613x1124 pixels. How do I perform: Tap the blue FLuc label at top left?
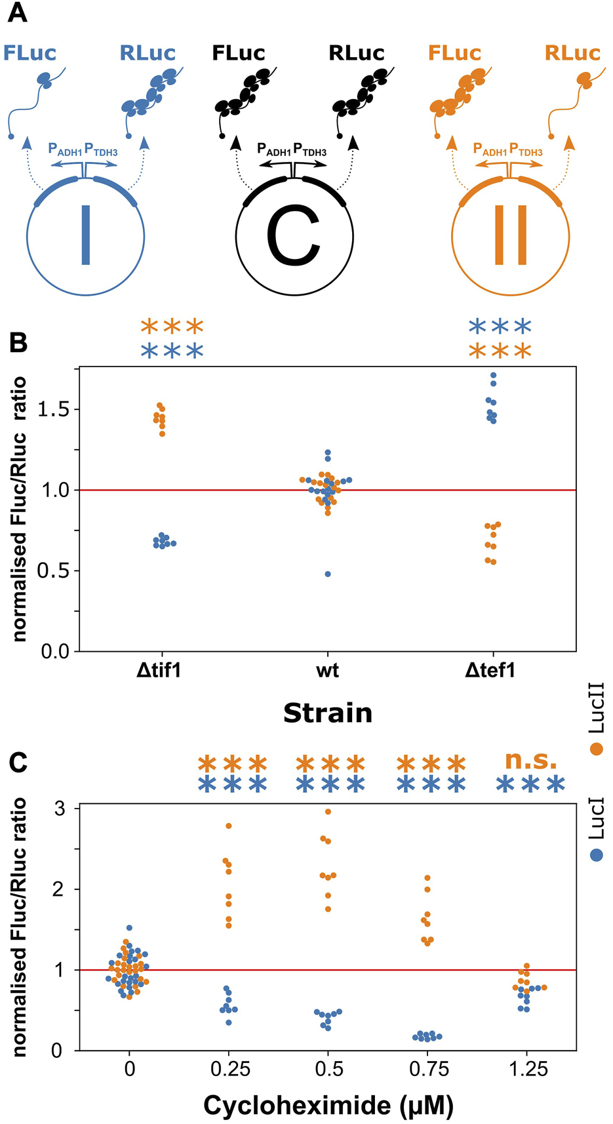[x=30, y=53]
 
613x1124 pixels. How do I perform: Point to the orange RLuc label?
[x=572, y=53]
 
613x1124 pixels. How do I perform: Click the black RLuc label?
[x=356, y=53]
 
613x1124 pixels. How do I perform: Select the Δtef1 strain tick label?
[x=490, y=671]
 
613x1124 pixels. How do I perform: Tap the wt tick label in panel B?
[x=327, y=671]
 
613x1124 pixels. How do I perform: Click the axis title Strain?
[x=327, y=713]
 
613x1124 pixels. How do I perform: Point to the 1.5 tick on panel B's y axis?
[x=53, y=410]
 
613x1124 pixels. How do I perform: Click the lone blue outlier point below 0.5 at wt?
[x=328, y=574]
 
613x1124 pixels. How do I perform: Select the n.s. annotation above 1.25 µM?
[x=530, y=761]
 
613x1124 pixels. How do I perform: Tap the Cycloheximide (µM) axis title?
[x=328, y=1106]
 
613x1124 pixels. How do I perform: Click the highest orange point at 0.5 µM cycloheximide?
[x=328, y=812]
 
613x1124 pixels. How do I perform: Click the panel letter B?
[x=18, y=342]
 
